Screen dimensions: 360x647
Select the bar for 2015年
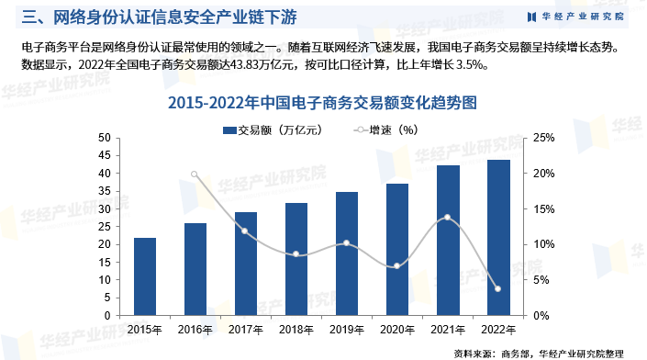coord(144,276)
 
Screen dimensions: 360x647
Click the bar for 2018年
coord(296,259)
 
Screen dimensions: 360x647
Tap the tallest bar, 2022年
coord(498,238)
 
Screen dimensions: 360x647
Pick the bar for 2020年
coord(397,250)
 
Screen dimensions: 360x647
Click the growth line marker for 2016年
coord(195,174)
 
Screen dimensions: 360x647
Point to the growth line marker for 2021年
coord(448,218)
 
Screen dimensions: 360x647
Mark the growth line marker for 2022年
coord(498,289)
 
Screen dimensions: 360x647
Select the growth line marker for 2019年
coord(347,243)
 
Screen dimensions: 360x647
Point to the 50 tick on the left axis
coord(104,138)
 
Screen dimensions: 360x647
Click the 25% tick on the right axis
coord(542,138)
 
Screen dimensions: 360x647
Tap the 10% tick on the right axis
coord(542,244)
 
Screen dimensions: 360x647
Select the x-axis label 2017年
coord(245,328)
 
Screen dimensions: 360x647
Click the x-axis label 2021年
coord(448,328)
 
